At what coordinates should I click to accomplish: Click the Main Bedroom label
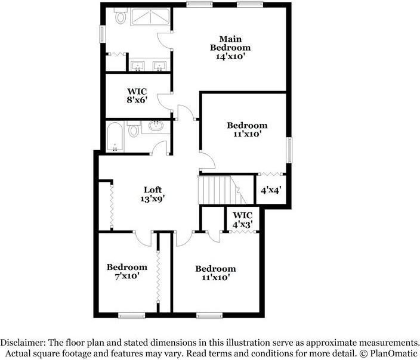click(230, 44)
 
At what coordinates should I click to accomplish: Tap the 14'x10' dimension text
click(230, 57)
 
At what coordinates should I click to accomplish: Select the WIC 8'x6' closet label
click(137, 95)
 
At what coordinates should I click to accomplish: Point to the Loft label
click(153, 190)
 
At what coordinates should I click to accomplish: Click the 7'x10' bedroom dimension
click(127, 276)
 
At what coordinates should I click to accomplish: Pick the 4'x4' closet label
click(271, 190)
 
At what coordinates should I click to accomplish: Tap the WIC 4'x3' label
click(243, 220)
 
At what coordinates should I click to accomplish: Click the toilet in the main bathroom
click(121, 15)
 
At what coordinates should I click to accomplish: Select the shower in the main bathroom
click(150, 17)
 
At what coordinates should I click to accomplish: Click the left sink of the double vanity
click(138, 66)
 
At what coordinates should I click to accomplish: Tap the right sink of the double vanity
click(160, 66)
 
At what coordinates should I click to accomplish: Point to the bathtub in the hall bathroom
click(115, 137)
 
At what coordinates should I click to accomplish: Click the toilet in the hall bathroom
click(134, 129)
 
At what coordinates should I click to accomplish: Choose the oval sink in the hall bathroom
click(156, 125)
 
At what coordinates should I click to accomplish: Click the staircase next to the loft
click(222, 190)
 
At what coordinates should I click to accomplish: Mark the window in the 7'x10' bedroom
click(131, 315)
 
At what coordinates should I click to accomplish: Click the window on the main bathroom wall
click(103, 34)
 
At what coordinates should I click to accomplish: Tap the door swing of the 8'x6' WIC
click(164, 102)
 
